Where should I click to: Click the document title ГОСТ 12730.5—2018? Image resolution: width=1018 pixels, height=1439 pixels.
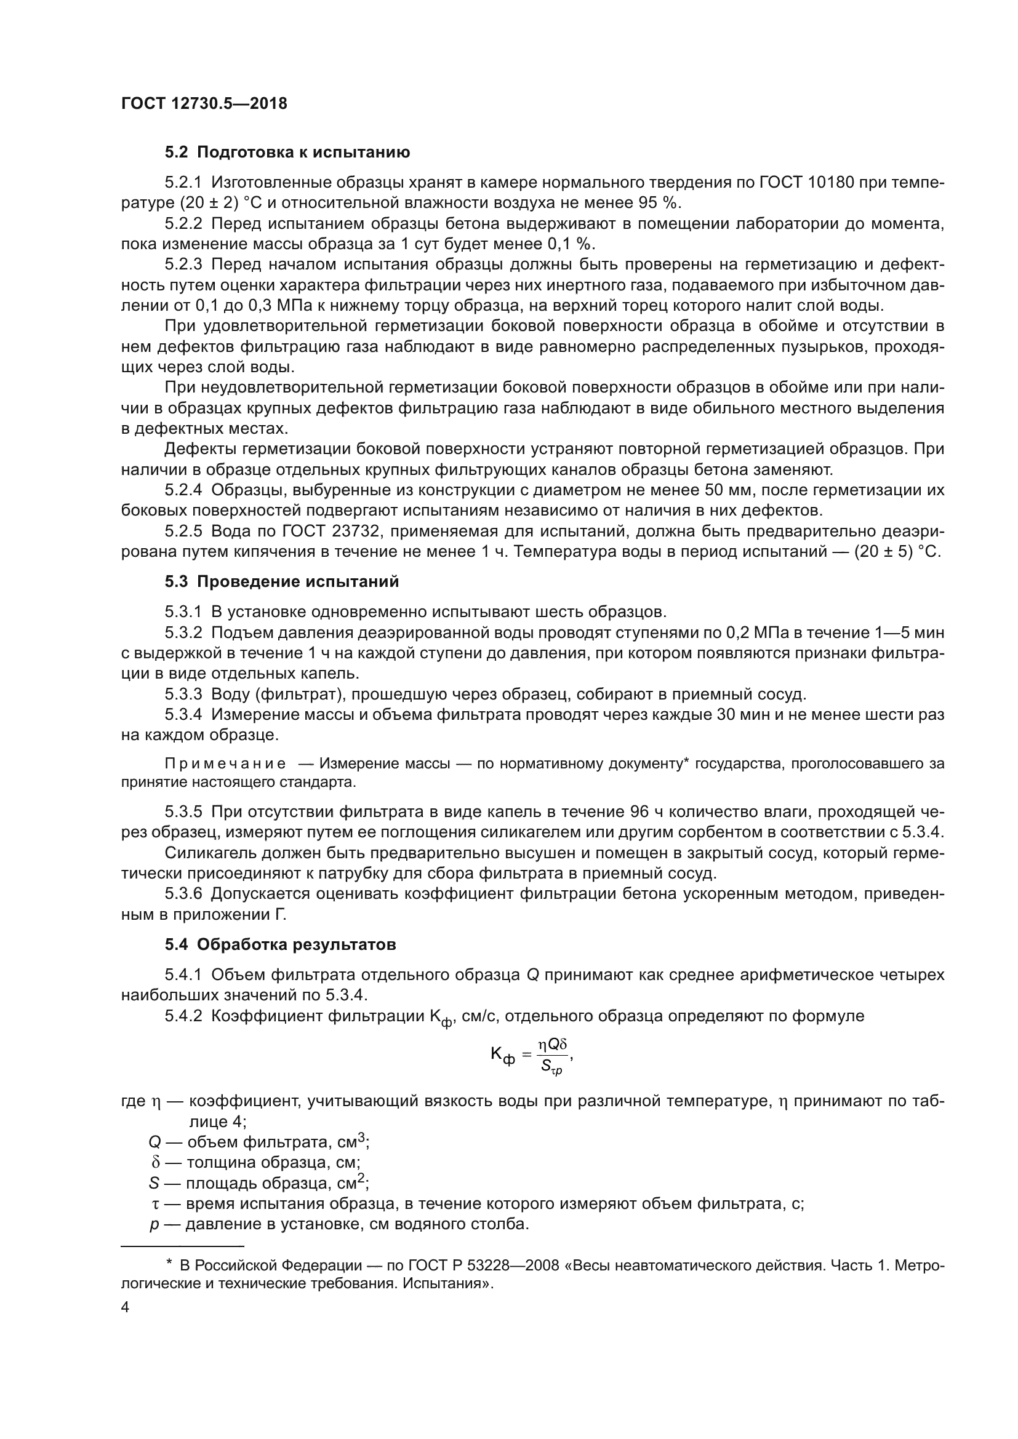[x=204, y=104]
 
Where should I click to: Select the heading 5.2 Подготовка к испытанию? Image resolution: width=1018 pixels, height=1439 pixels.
[x=287, y=153]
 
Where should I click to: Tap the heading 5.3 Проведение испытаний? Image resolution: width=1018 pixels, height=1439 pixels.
[x=282, y=581]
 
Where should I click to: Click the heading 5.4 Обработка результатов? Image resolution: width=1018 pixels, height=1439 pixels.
[x=280, y=944]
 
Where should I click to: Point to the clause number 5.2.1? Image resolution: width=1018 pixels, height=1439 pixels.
[x=183, y=182]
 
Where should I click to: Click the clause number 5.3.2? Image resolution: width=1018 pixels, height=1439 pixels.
[x=183, y=632]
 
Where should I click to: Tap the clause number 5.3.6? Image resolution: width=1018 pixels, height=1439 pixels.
[x=183, y=894]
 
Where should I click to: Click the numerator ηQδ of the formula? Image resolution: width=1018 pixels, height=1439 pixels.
[x=552, y=1044]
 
